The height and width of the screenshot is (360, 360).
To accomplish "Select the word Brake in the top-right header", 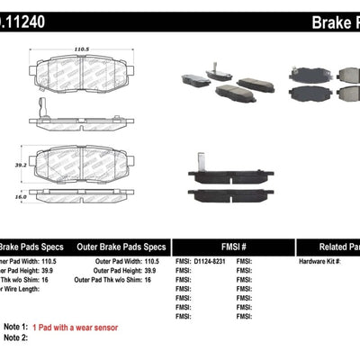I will (327, 21).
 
